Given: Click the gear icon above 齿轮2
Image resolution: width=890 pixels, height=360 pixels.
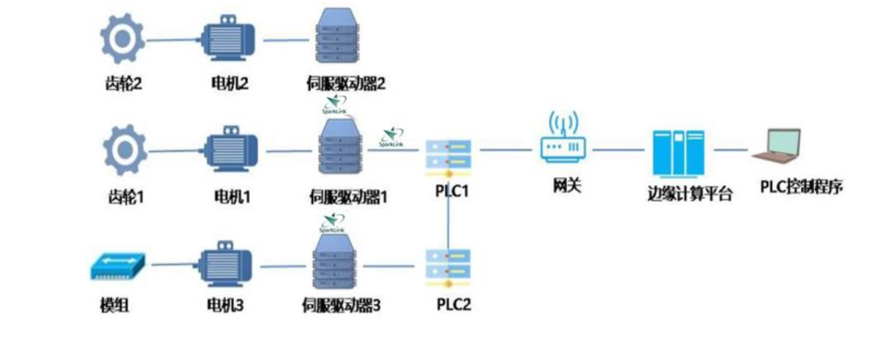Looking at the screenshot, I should (122, 38).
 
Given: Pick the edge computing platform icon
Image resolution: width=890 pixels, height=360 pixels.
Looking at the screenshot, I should (677, 153).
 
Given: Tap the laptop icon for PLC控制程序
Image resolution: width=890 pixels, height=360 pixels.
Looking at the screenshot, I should (777, 148).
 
